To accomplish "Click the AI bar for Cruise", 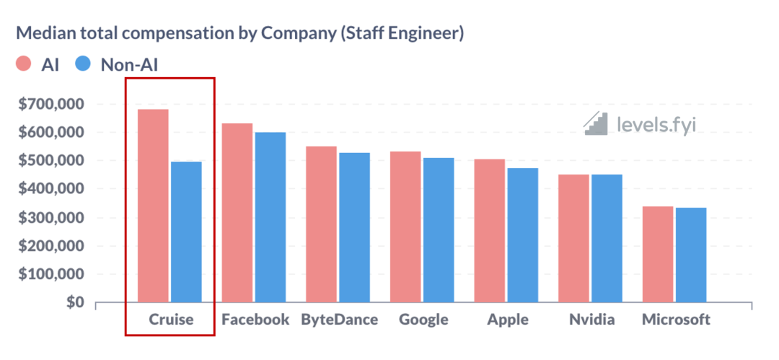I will pyautogui.click(x=153, y=206).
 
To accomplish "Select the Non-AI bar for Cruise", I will pyautogui.click(x=186, y=232).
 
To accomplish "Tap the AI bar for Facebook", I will pyautogui.click(x=237, y=213).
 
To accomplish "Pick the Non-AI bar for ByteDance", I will pyautogui.click(x=354, y=227).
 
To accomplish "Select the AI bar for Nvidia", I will pyautogui.click(x=573, y=238).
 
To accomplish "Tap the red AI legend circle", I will pyautogui.click(x=23, y=64).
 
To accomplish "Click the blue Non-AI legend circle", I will pyautogui.click(x=83, y=64).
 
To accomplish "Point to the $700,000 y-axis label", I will pyautogui.click(x=53, y=105).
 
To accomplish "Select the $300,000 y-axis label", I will pyautogui.click(x=53, y=218).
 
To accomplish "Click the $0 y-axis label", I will pyautogui.click(x=73, y=303).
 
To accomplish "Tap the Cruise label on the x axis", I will pyautogui.click(x=171, y=320).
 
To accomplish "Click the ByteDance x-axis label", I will pyautogui.click(x=339, y=320).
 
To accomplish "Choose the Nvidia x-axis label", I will pyautogui.click(x=591, y=320).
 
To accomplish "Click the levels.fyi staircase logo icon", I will pyautogui.click(x=597, y=124).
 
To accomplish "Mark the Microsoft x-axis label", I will pyautogui.click(x=676, y=320).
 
